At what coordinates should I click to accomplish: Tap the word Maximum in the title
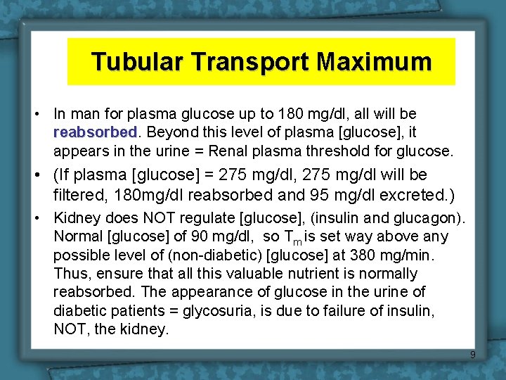tap(373, 62)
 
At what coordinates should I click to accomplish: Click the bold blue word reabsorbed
tap(95, 132)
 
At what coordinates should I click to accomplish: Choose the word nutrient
tap(281, 273)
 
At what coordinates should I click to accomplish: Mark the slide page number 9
tap(473, 355)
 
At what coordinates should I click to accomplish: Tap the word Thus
tap(71, 273)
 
